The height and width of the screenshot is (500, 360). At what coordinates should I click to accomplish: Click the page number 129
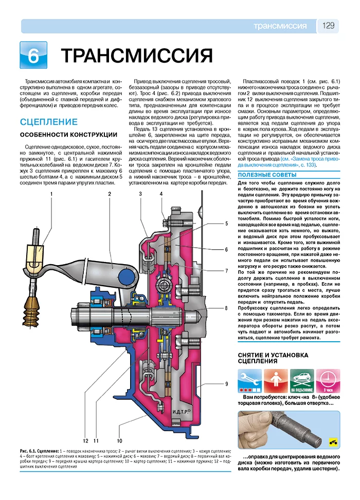(x=329, y=26)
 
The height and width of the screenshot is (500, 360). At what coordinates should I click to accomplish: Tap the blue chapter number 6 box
(x=33, y=55)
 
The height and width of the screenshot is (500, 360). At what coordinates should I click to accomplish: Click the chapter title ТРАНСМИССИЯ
(x=137, y=56)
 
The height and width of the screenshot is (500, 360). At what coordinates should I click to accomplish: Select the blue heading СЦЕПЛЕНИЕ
(x=48, y=122)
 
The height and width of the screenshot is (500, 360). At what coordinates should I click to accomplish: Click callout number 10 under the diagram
(x=119, y=440)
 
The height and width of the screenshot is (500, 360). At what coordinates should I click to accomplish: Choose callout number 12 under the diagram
(x=86, y=440)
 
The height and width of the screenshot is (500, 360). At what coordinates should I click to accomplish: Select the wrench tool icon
(x=249, y=381)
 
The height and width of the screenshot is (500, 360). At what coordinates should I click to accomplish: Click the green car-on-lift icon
(x=301, y=381)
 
